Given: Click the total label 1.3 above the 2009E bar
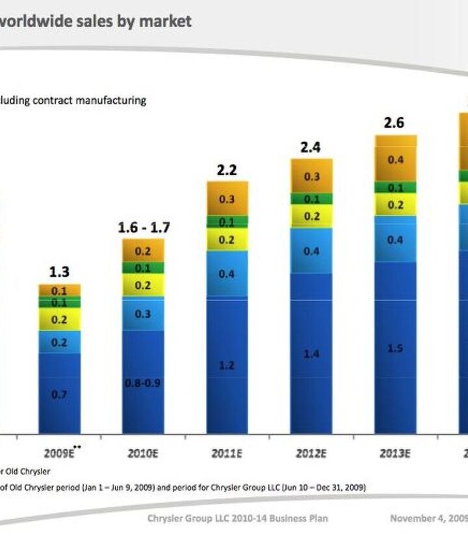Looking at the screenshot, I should click(x=59, y=272).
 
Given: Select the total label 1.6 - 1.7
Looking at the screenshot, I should click(x=144, y=228).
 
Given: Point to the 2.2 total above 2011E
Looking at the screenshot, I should click(x=227, y=171).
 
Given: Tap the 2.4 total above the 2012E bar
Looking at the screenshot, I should click(x=311, y=148).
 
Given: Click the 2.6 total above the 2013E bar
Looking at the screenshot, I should click(x=395, y=123).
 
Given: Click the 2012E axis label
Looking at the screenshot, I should click(x=311, y=454).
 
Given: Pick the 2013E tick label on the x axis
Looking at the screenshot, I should click(x=395, y=454).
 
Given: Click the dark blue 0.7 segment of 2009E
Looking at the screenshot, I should click(x=59, y=393).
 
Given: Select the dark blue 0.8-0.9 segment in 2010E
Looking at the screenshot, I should click(x=144, y=383).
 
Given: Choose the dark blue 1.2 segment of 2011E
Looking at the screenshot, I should click(x=227, y=366).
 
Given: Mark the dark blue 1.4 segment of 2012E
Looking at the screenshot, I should click(x=311, y=353).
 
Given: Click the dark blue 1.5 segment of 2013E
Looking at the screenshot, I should click(x=395, y=348).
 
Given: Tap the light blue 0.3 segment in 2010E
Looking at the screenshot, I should click(x=144, y=314).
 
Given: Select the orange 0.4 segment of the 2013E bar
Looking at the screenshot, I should click(x=395, y=160).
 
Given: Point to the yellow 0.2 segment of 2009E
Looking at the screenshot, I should click(x=59, y=320).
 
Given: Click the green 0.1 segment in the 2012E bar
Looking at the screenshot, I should click(x=311, y=199).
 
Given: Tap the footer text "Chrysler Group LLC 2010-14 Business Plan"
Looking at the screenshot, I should click(x=237, y=518).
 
